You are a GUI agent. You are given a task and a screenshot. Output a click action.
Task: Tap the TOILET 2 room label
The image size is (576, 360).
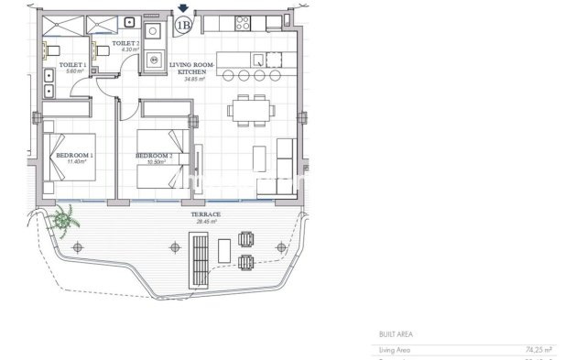[x=125, y=43]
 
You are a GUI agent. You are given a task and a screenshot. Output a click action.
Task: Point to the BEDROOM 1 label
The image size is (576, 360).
[x=75, y=156]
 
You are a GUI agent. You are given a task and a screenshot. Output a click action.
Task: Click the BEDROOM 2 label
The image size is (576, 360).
[x=155, y=156]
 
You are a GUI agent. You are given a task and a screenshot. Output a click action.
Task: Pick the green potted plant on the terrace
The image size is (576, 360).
[x=65, y=220]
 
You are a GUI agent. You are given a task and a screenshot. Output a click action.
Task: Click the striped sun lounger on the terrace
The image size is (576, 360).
[x=199, y=258]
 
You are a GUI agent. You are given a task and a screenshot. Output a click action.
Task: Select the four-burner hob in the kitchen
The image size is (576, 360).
[x=245, y=22]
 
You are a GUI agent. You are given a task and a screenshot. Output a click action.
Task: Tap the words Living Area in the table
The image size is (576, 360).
[x=396, y=349]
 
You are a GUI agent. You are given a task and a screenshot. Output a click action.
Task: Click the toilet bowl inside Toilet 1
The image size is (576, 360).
[x=53, y=49]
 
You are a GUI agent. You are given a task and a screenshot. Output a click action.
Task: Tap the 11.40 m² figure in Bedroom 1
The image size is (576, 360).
[x=75, y=162]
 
